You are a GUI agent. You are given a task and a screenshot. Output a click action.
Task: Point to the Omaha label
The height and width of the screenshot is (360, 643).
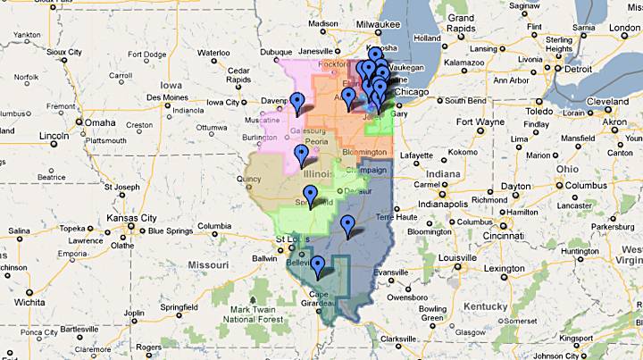(100, 122)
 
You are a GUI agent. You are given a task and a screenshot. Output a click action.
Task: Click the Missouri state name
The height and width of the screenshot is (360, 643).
(207, 265)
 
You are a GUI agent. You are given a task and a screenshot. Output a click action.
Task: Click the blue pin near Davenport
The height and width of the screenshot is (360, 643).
(296, 101)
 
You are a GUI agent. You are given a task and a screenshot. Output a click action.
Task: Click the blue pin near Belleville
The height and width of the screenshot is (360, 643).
(317, 264)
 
